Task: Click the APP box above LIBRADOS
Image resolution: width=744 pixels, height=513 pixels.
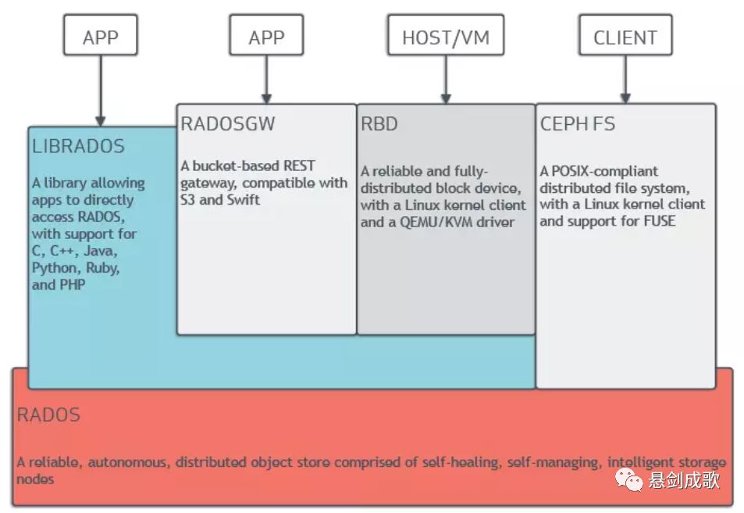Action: tap(101, 35)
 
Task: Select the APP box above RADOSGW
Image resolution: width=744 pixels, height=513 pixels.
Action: tap(266, 35)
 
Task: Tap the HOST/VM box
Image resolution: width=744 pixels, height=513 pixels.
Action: tap(446, 35)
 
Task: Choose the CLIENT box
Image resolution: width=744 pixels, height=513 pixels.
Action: tap(625, 35)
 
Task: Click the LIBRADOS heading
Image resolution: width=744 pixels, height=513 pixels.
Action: tap(78, 146)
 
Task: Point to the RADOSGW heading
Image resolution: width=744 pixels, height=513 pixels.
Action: tap(228, 124)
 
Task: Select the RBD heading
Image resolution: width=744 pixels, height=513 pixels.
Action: tap(379, 124)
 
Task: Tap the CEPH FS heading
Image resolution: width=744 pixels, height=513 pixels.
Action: tap(578, 124)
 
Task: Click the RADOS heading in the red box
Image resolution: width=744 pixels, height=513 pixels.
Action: tap(48, 415)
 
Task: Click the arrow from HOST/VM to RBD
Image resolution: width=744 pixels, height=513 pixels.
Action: tap(446, 79)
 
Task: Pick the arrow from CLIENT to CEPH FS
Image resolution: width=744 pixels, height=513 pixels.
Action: tap(625, 79)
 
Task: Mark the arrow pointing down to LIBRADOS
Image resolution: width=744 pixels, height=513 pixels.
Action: tap(101, 91)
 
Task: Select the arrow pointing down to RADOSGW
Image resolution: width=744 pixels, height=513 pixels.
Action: tap(266, 79)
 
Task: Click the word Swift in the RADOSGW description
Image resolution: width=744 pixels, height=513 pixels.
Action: tap(243, 200)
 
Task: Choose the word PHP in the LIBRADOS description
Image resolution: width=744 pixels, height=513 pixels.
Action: tap(73, 285)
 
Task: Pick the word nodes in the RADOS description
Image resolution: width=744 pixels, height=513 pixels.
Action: tap(35, 479)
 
